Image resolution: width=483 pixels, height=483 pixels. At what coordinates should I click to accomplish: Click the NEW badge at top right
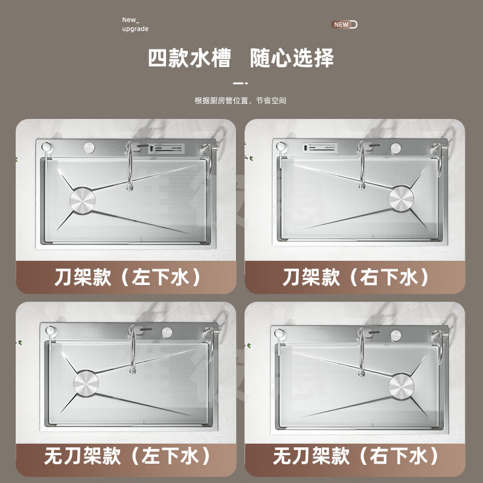tap(344, 25)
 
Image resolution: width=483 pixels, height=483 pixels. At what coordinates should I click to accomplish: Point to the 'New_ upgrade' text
tap(135, 24)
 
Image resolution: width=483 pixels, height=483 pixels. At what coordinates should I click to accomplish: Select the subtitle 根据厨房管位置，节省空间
tap(240, 101)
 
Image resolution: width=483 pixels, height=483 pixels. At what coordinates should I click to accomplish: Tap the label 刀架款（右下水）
tap(356, 278)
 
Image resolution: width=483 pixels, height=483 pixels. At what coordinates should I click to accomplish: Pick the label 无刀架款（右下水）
tap(356, 456)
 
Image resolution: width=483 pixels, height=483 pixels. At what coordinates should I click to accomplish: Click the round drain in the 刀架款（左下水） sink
tap(83, 201)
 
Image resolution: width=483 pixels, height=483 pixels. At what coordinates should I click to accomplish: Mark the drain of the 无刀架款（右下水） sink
tap(403, 385)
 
